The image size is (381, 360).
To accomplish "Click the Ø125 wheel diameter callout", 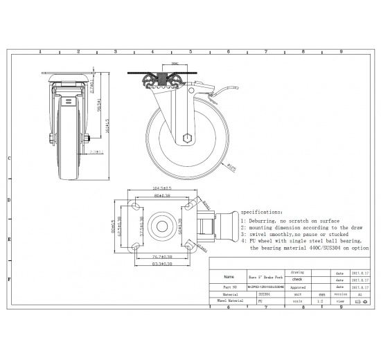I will click(233, 165).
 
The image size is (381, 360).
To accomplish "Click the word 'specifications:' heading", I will click(261, 212).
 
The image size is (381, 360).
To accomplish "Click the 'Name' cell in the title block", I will click(229, 276).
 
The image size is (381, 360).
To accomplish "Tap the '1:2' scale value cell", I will click(320, 301).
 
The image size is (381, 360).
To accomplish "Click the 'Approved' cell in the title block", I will click(297, 286).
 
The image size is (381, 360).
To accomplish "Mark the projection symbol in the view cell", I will click(360, 301).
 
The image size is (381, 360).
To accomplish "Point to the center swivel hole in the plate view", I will click(160, 225).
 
